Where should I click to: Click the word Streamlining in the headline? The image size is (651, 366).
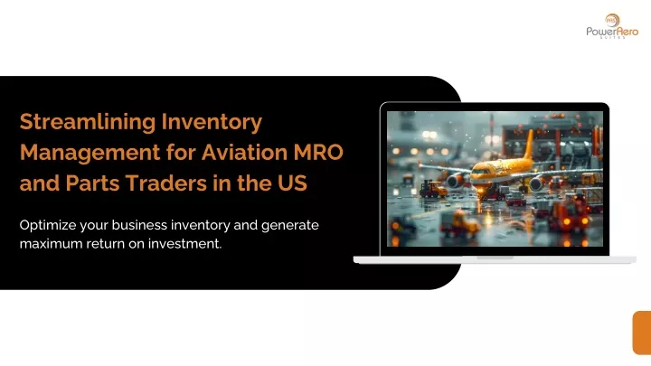tap(88, 123)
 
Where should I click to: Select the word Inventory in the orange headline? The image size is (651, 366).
tap(212, 123)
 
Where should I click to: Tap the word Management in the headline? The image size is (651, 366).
tap(90, 153)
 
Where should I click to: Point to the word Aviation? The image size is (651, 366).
tap(244, 153)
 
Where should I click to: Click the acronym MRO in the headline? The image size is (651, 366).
tap(318, 153)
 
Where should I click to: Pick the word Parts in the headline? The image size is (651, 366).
tap(92, 183)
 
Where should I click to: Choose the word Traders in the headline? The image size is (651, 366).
tap(166, 183)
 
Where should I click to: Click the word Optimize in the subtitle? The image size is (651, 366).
tap(48, 225)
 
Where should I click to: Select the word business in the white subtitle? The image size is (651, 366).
tap(139, 225)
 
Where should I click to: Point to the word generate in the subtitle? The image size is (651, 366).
tap(290, 226)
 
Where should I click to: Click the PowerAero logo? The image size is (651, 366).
tap(612, 26)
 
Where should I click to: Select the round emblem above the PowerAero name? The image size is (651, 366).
tap(612, 20)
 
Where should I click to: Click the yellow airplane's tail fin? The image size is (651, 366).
tap(529, 145)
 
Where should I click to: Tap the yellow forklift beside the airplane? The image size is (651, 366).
tap(433, 189)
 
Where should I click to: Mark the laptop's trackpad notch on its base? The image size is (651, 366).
tap(495, 258)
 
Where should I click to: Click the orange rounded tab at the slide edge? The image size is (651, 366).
tap(642, 333)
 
